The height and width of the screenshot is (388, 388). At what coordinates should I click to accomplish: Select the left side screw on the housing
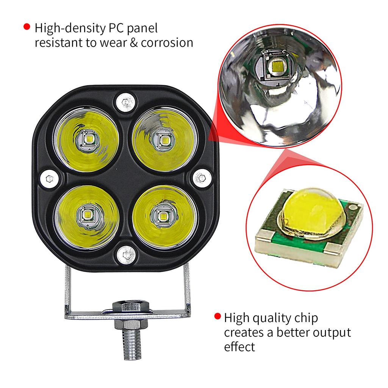pyautogui.click(x=48, y=178)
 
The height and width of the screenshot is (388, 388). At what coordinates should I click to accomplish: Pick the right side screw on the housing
pyautogui.click(x=202, y=178)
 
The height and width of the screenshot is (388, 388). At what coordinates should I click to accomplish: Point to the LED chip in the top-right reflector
pyautogui.click(x=164, y=140)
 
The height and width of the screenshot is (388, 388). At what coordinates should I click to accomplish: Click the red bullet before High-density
pyautogui.click(x=27, y=27)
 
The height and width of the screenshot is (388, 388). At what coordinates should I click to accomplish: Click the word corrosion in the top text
pyautogui.click(x=167, y=42)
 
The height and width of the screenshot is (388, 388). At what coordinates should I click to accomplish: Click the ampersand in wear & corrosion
pyautogui.click(x=133, y=42)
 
